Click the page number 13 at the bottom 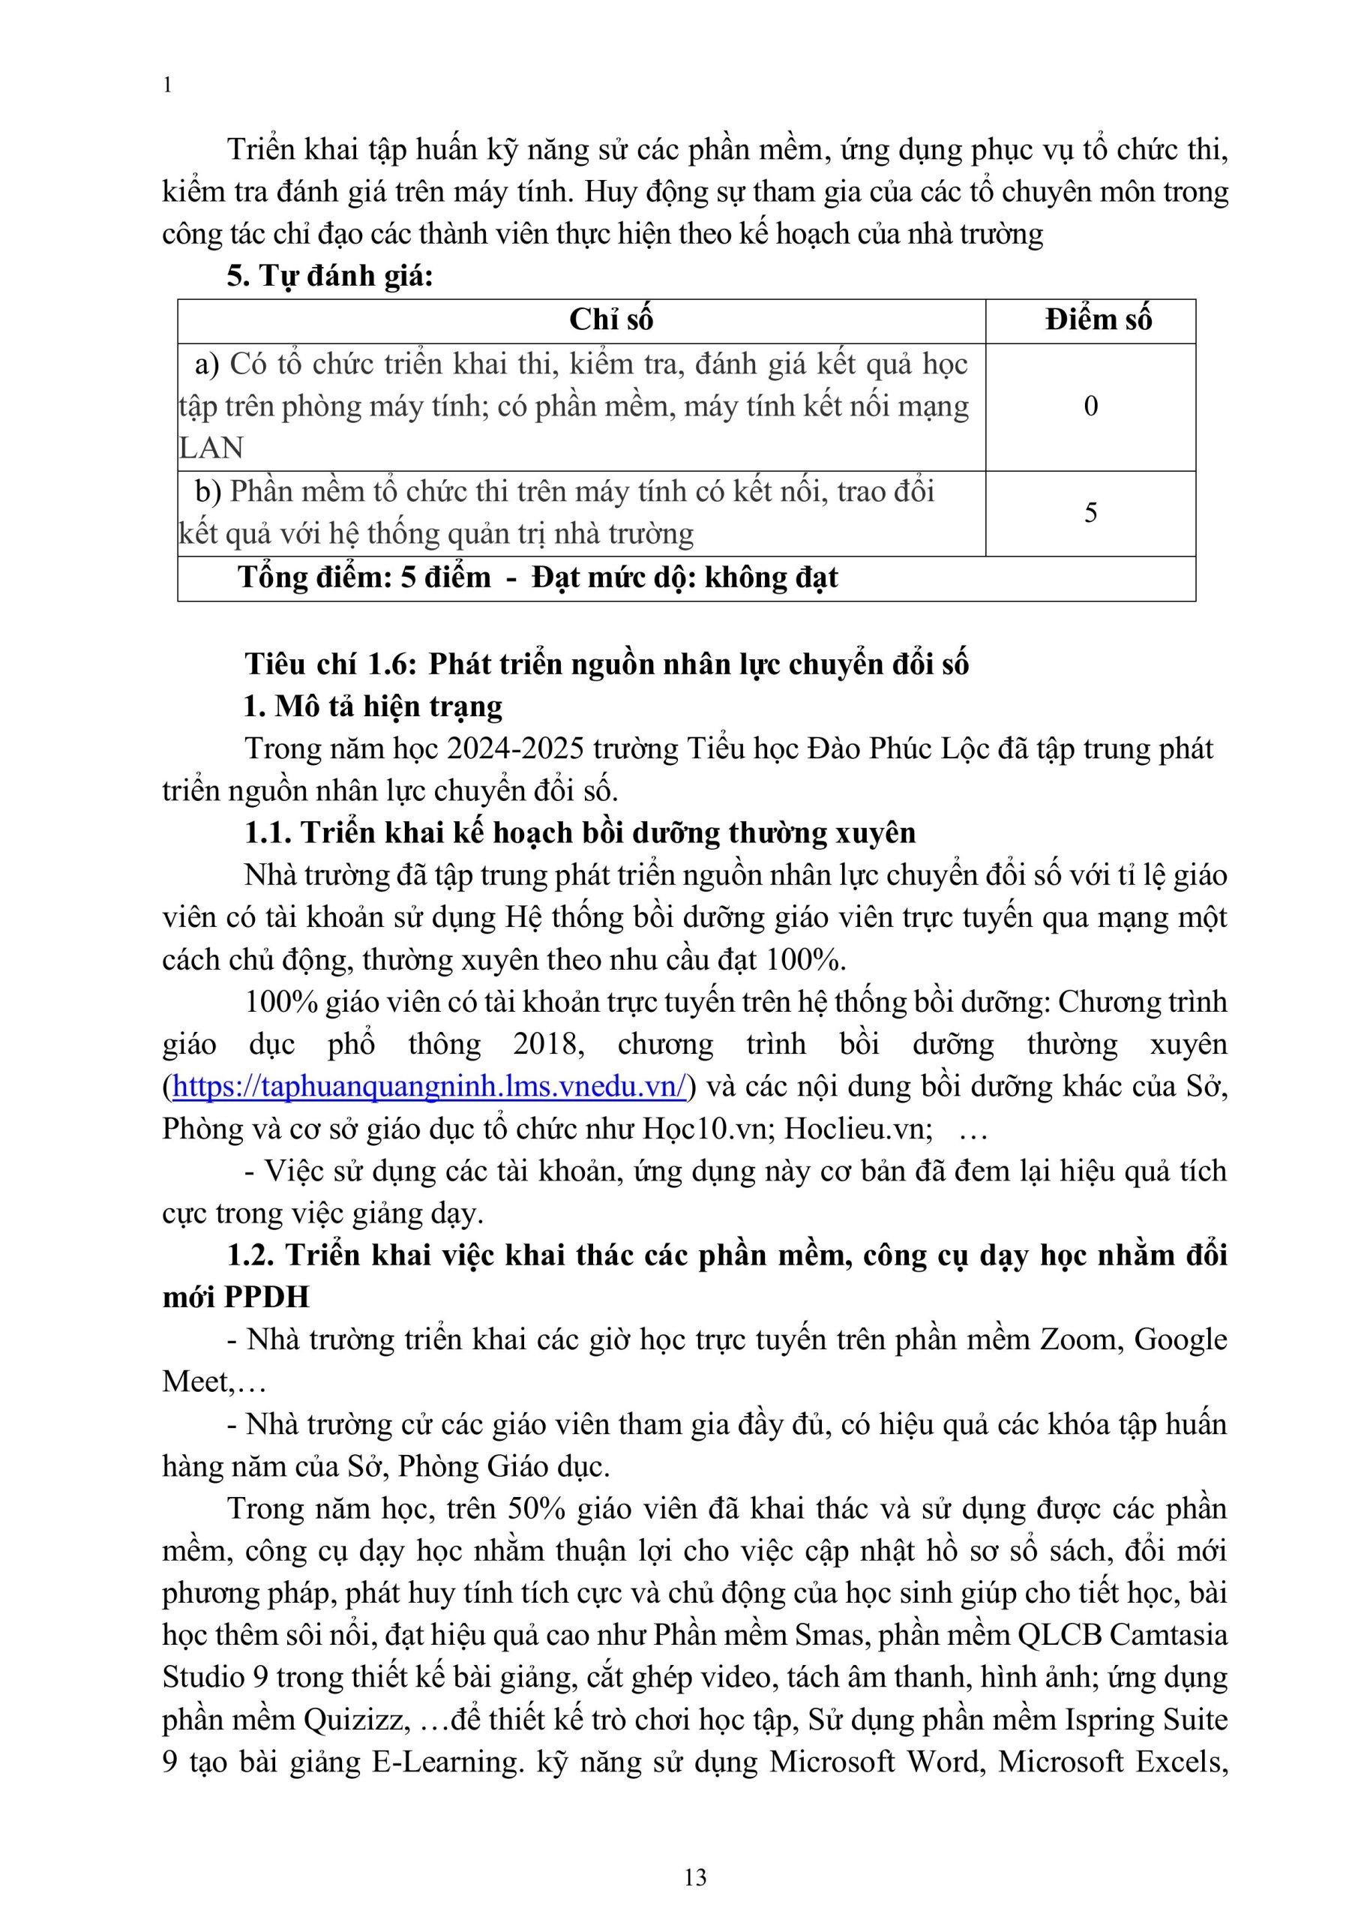point(695,1877)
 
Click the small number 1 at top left point(168,85)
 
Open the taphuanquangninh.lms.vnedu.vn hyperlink point(429,1086)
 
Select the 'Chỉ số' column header point(610,319)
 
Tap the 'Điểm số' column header point(1098,319)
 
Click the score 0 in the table point(1090,406)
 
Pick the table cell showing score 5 point(1090,512)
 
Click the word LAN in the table point(211,448)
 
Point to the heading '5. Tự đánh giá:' point(329,276)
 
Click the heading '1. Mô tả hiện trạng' point(373,706)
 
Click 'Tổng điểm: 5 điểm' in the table point(364,577)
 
